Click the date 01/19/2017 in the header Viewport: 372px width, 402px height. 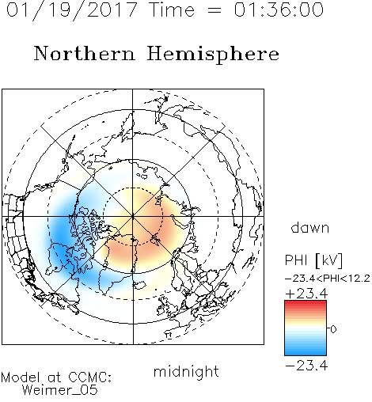point(72,10)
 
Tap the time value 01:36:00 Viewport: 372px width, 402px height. point(279,9)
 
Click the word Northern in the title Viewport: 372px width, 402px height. point(85,53)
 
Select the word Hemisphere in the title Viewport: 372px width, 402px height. point(213,55)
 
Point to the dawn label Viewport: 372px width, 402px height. point(310,227)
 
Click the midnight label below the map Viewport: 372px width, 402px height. point(186,371)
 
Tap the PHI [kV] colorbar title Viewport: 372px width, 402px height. point(313,260)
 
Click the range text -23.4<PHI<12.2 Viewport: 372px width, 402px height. point(328,279)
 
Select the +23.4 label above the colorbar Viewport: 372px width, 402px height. point(306,294)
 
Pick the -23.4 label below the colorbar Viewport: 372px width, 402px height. point(306,366)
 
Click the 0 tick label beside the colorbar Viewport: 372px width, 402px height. point(333,329)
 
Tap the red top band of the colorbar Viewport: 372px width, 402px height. point(306,303)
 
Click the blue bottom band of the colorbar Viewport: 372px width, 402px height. point(306,352)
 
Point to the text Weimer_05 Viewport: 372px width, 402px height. point(59,390)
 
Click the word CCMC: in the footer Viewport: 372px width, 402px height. point(89,377)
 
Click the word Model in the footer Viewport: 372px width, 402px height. point(21,377)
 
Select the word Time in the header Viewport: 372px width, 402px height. point(172,10)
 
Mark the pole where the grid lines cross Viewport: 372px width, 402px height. point(133,217)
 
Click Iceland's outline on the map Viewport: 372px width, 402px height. point(139,285)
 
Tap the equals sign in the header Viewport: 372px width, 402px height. point(214,10)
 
